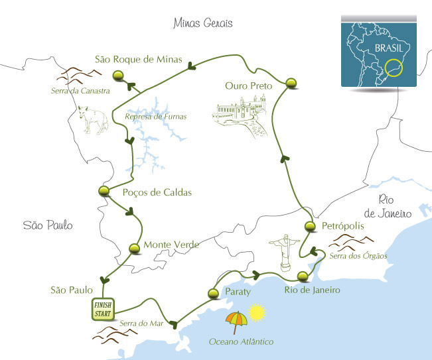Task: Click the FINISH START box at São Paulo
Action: pyautogui.click(x=103, y=310)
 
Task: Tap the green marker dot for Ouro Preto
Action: pyautogui.click(x=291, y=83)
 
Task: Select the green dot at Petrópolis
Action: pyautogui.click(x=310, y=226)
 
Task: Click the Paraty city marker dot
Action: pyautogui.click(x=213, y=294)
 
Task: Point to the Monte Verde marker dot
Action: pyautogui.click(x=134, y=248)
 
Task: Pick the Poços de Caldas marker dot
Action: pyautogui.click(x=104, y=191)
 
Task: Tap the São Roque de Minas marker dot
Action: pyautogui.click(x=118, y=76)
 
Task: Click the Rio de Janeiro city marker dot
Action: pyautogui.click(x=303, y=276)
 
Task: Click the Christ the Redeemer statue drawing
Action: pyautogui.click(x=285, y=253)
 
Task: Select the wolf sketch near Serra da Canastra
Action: pyautogui.click(x=93, y=119)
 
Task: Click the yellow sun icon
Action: pyautogui.click(x=257, y=313)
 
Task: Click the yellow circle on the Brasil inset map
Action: pyautogui.click(x=394, y=68)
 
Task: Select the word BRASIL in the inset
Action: pyautogui.click(x=389, y=48)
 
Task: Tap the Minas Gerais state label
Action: pyautogui.click(x=203, y=23)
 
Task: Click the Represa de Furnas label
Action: pyautogui.click(x=156, y=117)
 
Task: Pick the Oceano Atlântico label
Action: pyautogui.click(x=241, y=341)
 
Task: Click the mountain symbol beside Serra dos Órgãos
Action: pyautogui.click(x=351, y=242)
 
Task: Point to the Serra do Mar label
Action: pyautogui.click(x=141, y=323)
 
